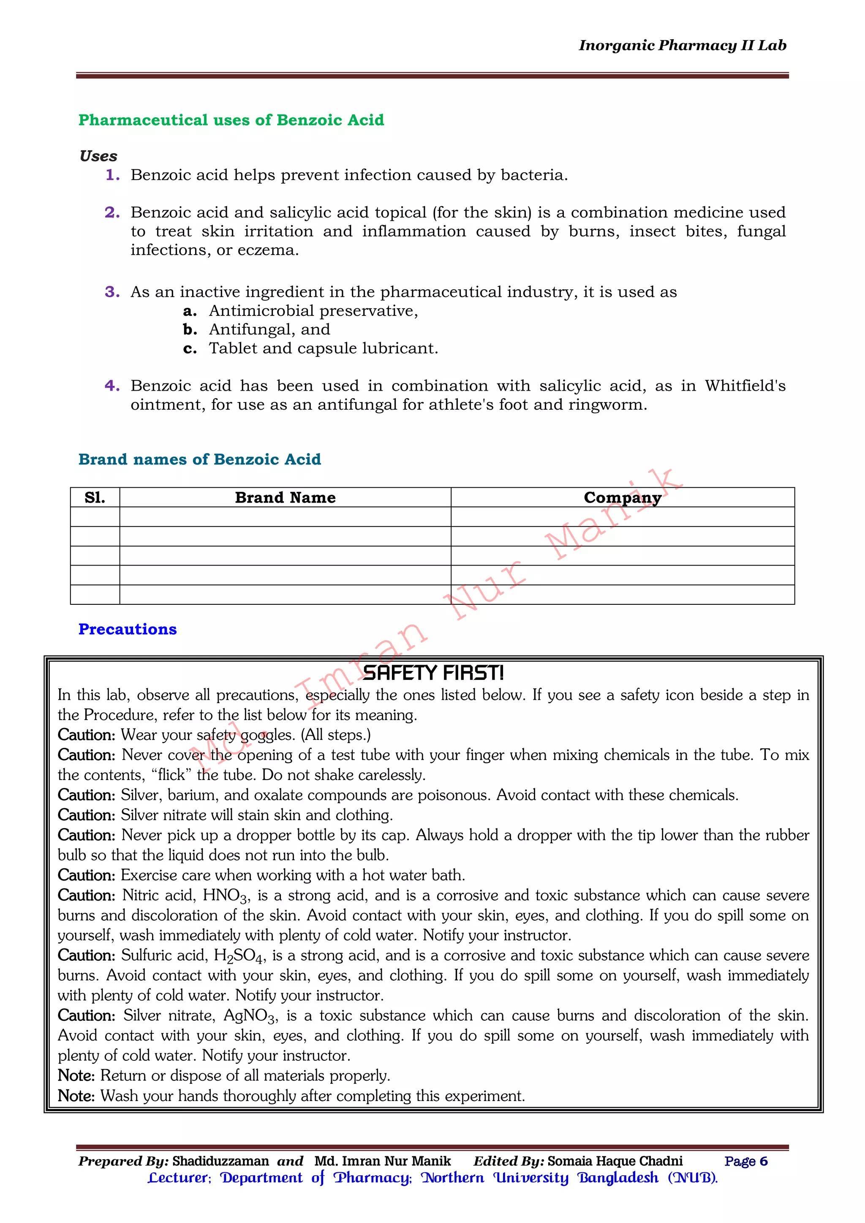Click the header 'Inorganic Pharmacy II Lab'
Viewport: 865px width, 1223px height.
(682, 46)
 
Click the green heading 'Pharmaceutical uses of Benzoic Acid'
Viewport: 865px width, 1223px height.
(231, 120)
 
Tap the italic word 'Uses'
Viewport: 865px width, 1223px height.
(98, 156)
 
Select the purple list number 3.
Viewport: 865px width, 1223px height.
(112, 292)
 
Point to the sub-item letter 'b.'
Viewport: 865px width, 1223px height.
(190, 330)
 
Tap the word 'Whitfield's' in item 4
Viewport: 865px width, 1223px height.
(745, 386)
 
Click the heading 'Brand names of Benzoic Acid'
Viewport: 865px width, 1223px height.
(200, 459)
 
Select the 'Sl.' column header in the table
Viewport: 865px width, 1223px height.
(95, 497)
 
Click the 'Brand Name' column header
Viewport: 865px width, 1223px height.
(285, 497)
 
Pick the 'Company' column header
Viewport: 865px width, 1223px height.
(622, 497)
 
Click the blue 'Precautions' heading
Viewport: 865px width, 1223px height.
(128, 629)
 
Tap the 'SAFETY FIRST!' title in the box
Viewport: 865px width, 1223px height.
(433, 673)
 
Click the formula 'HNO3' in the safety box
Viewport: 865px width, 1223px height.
(225, 895)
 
